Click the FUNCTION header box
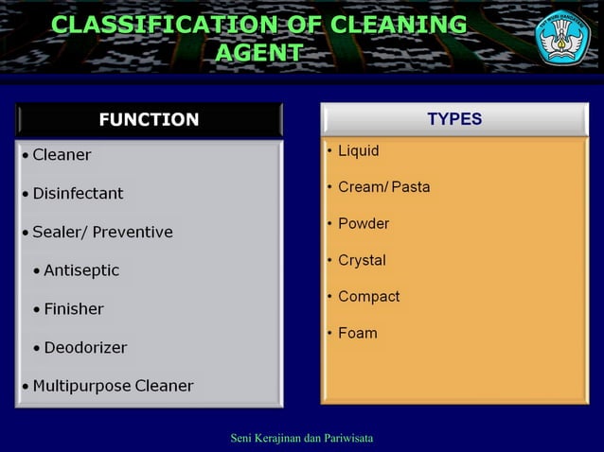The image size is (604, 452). coord(149,120)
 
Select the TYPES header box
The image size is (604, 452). coord(454,119)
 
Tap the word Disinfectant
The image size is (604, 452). coord(78,193)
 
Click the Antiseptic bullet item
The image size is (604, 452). coord(81,270)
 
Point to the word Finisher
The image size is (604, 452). coord(74,309)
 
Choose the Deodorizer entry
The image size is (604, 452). coord(85,347)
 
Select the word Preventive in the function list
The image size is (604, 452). coord(133,232)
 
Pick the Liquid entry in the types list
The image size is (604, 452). coord(358,150)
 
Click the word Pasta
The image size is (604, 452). coord(411,186)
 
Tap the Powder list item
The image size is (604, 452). coord(364,223)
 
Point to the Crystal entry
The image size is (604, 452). coord(362,260)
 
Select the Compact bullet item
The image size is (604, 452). coord(369,296)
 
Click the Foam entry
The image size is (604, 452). coord(358,333)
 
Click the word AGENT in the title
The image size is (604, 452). coord(259,53)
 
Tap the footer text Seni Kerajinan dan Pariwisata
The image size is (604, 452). coord(302,438)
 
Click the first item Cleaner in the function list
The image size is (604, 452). coord(62,154)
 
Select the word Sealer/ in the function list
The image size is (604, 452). coord(60,232)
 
